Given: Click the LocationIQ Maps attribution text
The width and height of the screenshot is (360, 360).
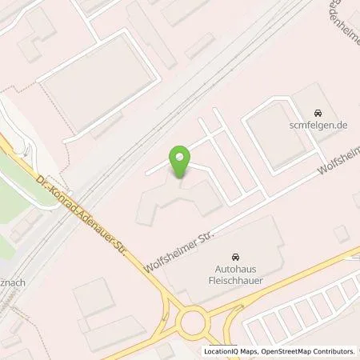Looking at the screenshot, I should click(x=230, y=351).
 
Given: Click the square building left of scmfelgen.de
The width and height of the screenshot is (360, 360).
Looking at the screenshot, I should click(x=272, y=136).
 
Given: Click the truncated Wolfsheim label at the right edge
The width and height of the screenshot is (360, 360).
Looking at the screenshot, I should click(x=338, y=160).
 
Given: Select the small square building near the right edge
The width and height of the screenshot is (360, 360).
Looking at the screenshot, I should click(x=342, y=233).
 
